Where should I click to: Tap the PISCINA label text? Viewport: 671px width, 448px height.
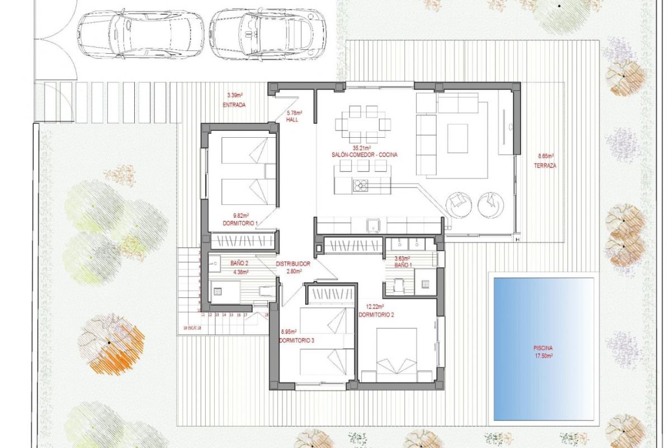coord(542,348)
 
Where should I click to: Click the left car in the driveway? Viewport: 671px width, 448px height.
coord(140,33)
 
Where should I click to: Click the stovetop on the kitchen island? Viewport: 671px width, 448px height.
coord(361,185)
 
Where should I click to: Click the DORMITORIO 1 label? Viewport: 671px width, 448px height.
coord(240,223)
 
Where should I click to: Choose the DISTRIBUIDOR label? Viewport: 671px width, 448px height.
coord(293,264)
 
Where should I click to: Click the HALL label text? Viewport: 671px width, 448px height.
coord(292,120)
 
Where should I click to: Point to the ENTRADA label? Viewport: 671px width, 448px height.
coord(234,105)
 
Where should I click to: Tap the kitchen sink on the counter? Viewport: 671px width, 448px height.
coord(373,225)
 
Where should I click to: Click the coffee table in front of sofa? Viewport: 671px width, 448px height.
coord(457,137)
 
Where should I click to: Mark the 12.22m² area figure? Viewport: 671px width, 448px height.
coord(376,306)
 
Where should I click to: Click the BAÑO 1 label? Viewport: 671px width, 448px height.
coord(403,265)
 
